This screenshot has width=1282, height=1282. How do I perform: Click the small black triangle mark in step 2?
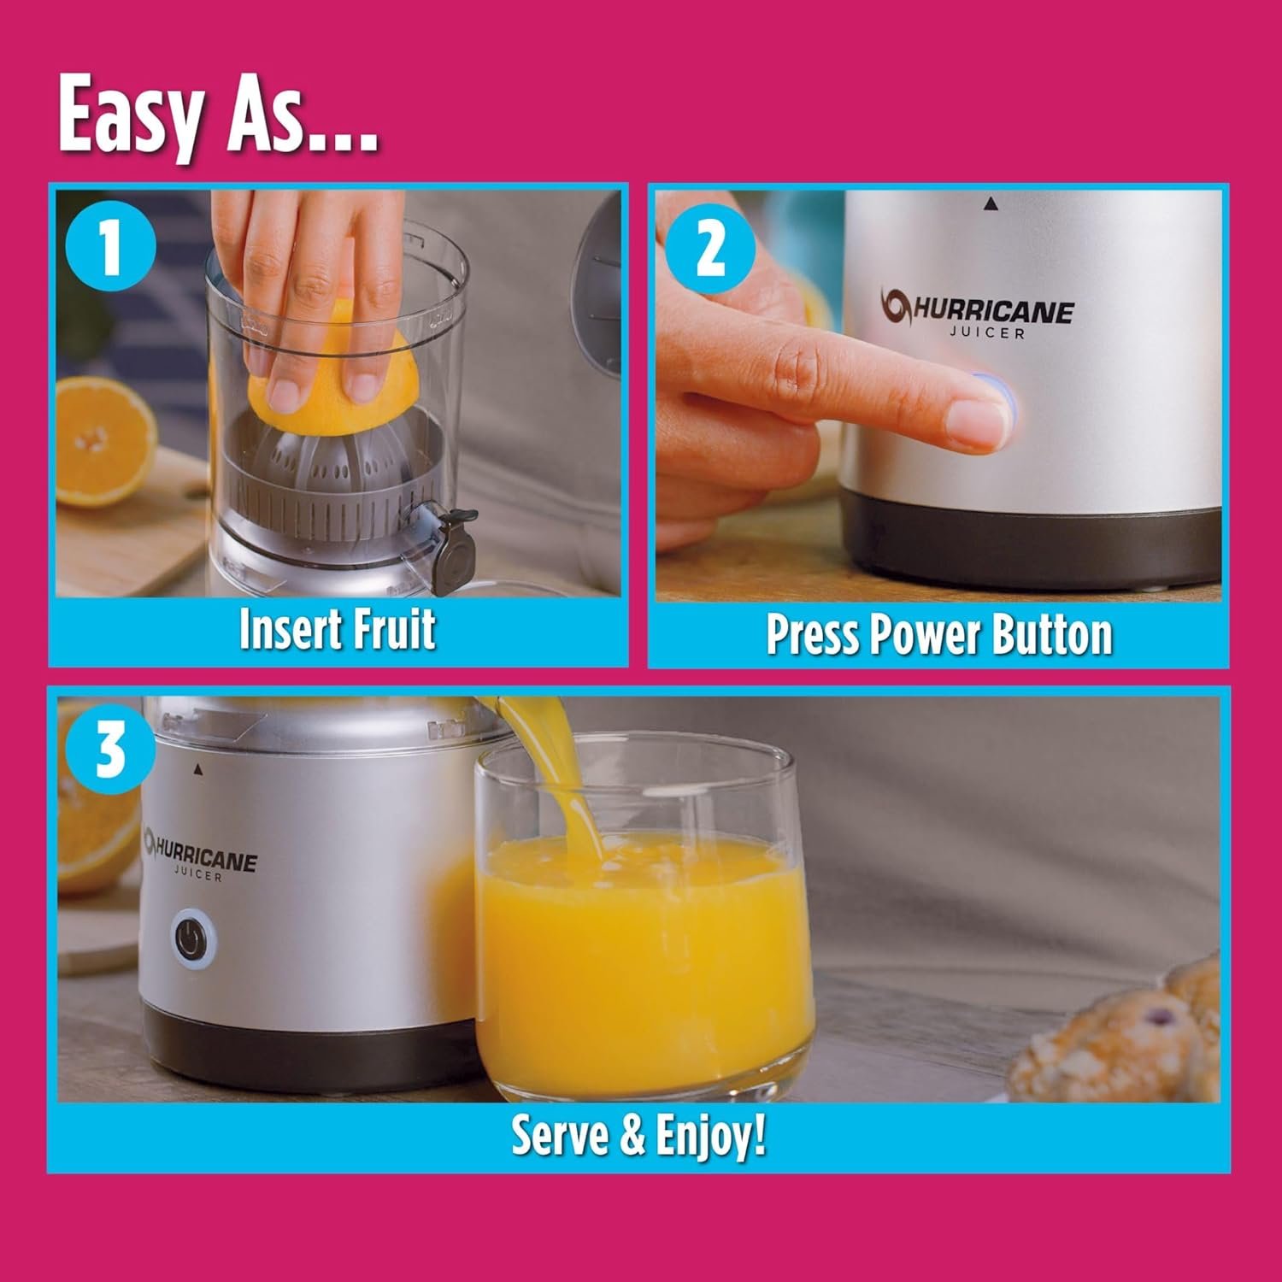[991, 203]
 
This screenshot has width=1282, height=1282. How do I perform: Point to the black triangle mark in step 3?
[198, 768]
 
